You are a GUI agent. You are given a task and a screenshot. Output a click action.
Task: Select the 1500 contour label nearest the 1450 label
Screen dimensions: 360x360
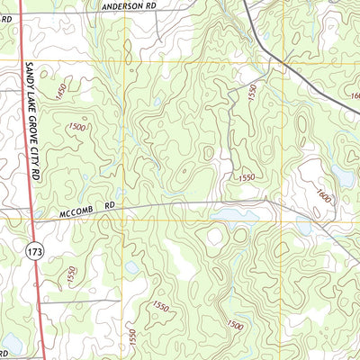[76, 130]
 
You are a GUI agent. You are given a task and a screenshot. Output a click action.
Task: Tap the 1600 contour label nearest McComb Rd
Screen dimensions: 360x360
[323, 195]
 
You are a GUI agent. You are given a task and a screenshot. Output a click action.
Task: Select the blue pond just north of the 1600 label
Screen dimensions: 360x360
[342, 173]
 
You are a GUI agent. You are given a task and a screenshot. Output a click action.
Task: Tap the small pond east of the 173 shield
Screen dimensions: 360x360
[132, 267]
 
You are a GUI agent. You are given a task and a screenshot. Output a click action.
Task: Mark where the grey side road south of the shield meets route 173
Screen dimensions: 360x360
[40, 302]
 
